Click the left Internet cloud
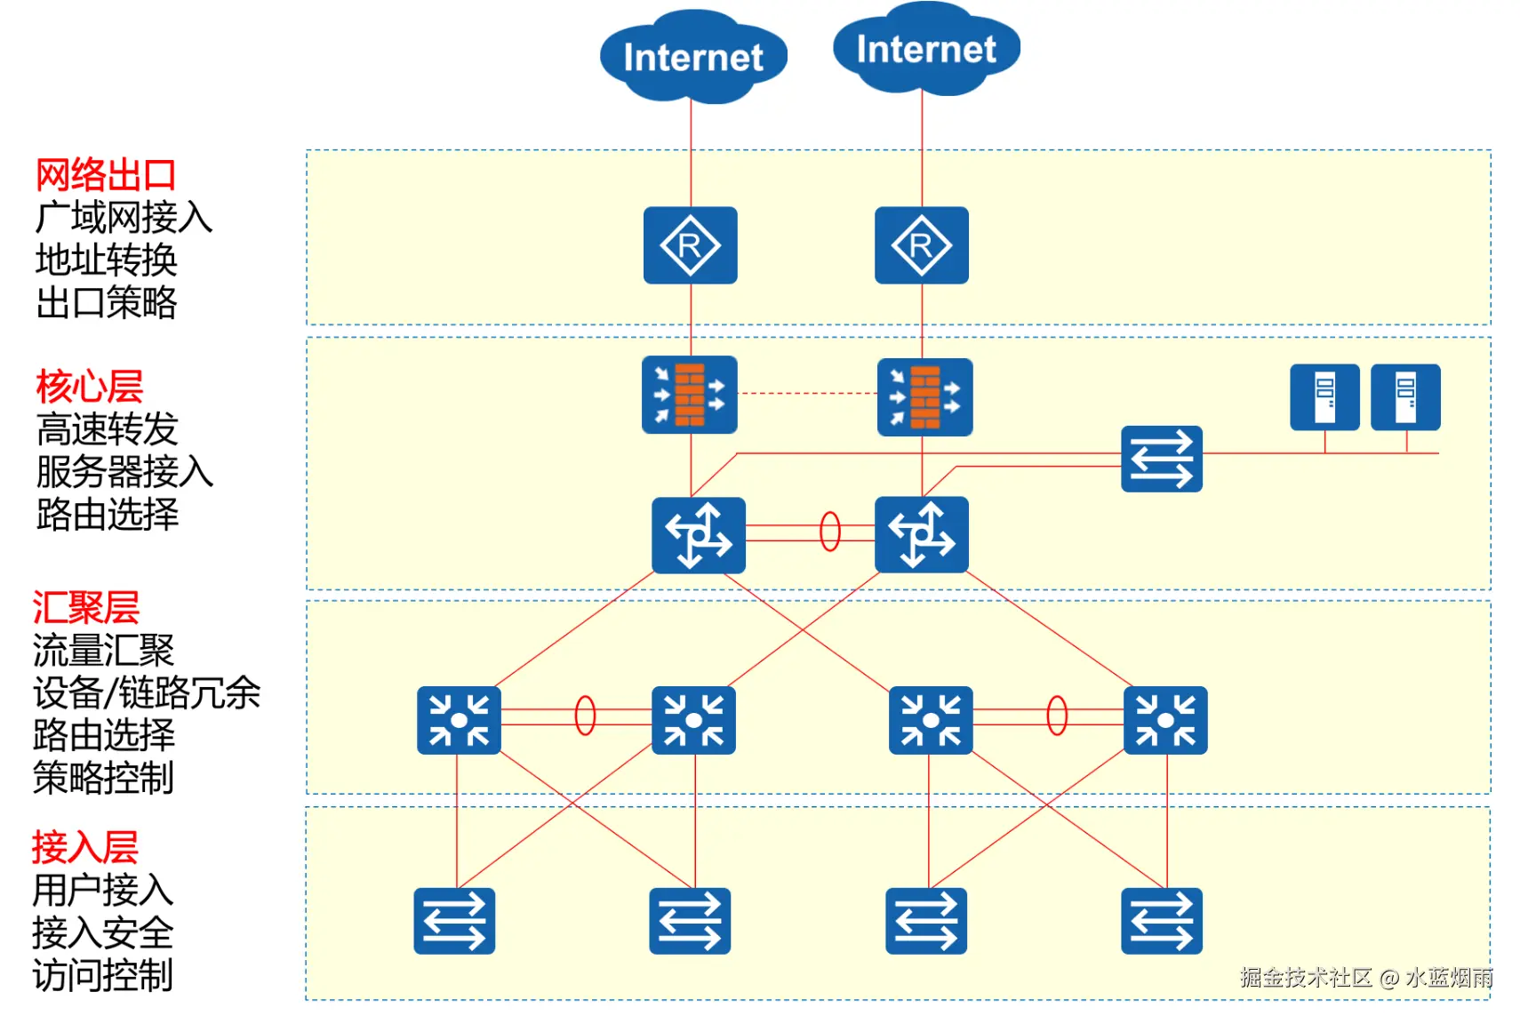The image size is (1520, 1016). click(x=693, y=57)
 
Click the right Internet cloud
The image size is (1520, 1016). click(x=925, y=49)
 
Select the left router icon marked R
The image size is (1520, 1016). click(x=691, y=245)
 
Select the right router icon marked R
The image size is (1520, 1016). click(x=922, y=245)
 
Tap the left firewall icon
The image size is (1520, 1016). click(x=690, y=395)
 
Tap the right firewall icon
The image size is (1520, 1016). click(x=924, y=397)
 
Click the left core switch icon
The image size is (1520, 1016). click(x=699, y=535)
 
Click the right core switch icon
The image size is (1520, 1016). click(x=922, y=535)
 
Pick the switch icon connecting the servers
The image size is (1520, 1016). click(x=1162, y=459)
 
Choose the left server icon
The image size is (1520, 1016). click(x=1324, y=397)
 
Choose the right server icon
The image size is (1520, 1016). click(x=1405, y=397)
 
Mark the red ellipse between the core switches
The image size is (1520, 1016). click(x=830, y=532)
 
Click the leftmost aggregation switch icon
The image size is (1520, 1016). click(x=459, y=720)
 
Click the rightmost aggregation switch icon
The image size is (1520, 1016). click(x=1165, y=720)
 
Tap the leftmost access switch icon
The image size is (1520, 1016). click(x=454, y=921)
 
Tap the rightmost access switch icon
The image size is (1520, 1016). click(x=1162, y=921)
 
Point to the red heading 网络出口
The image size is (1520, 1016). click(x=106, y=175)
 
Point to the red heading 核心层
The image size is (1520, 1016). click(x=90, y=387)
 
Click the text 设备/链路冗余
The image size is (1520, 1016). click(x=147, y=692)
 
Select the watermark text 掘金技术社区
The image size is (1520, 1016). click(x=1306, y=978)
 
